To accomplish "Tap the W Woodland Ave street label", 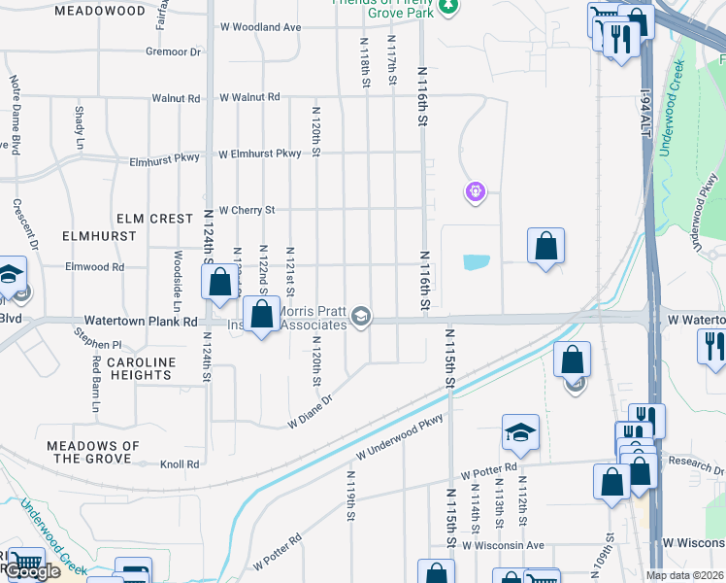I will point(261,27).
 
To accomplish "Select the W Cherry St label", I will point(247,209).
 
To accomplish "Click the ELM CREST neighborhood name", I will point(154,219).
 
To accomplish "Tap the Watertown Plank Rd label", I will point(141,320).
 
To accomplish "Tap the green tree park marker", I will point(447,8).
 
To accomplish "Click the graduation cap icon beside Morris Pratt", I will point(361,318).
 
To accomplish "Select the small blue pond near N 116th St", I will point(477,261).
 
